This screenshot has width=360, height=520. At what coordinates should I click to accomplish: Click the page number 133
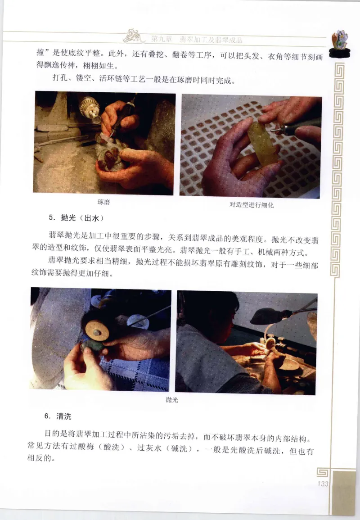tap(323, 484)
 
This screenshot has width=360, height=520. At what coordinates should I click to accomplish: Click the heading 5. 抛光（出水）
tap(76, 218)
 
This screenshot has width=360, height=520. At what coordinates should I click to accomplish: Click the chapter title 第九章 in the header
tap(162, 40)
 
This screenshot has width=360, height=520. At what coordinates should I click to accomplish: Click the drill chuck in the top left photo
tap(90, 108)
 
